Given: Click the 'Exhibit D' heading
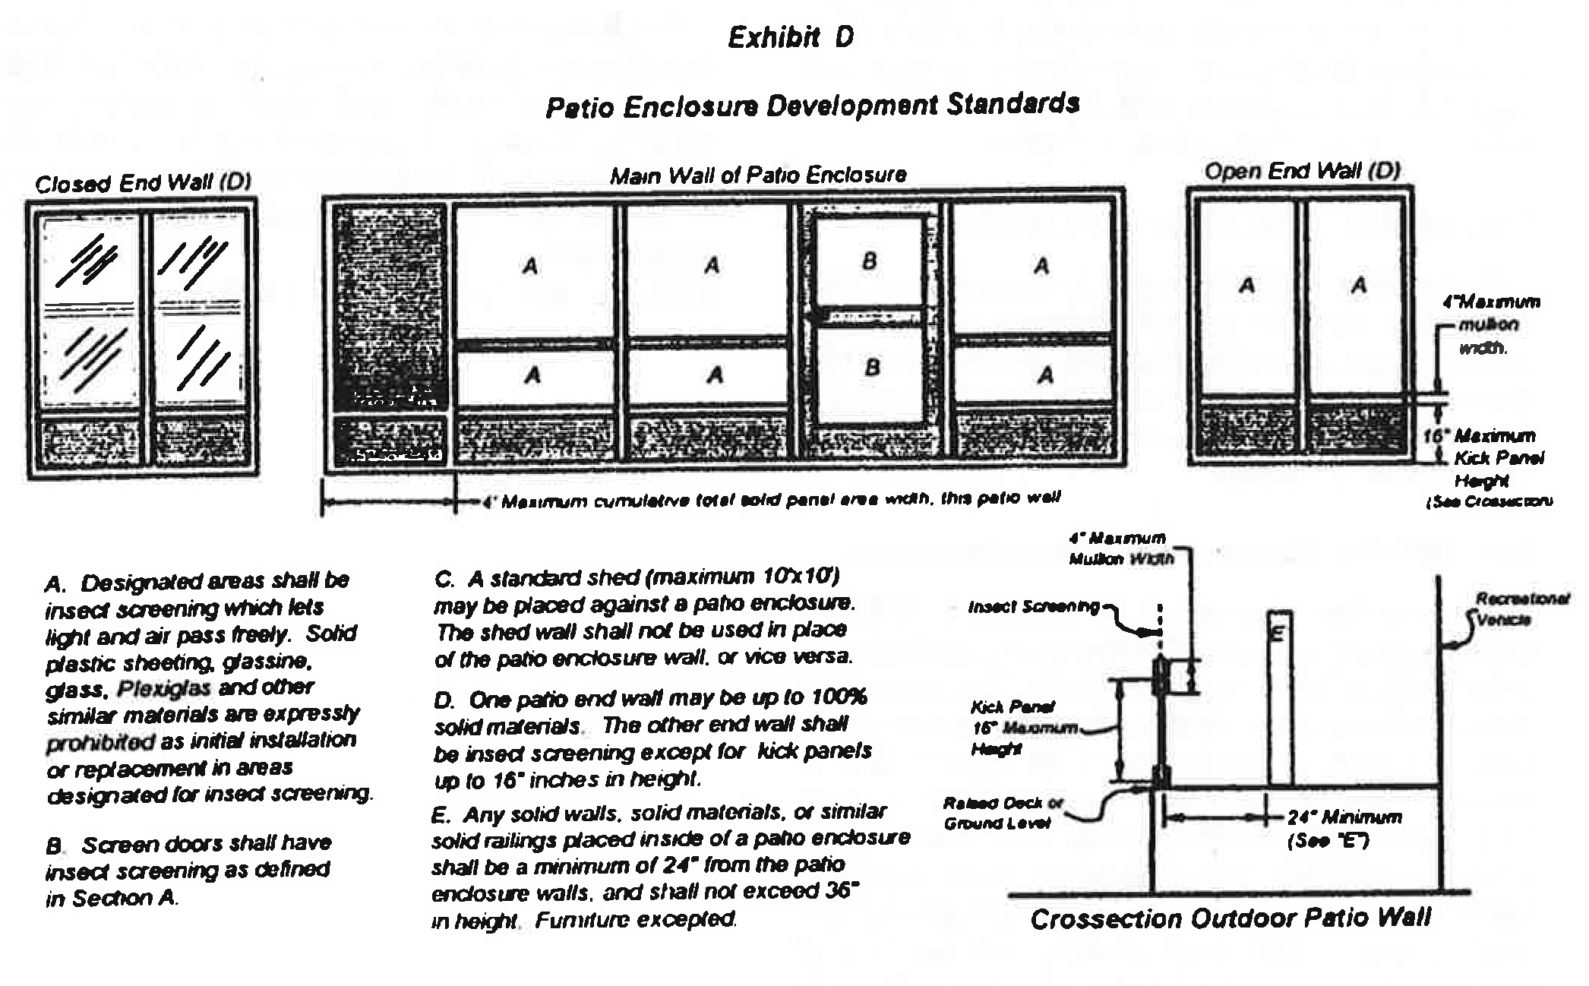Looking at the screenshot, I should pos(791,38).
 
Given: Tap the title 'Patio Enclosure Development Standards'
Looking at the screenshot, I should pos(812,106).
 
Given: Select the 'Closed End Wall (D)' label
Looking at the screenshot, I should pos(143,183).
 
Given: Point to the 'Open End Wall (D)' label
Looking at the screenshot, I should pos(1302,171).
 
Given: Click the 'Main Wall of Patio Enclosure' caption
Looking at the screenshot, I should pos(758,175).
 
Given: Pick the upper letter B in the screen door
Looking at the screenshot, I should pos(870,261).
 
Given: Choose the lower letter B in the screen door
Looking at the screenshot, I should pos(872,368).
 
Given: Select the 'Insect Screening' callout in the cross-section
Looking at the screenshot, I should pos(1033,607).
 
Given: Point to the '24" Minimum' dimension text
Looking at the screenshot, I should pos(1344,818).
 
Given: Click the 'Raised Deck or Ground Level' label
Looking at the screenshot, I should pos(1003,813).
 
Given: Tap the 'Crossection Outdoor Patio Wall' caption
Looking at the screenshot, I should pos(1230,919).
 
